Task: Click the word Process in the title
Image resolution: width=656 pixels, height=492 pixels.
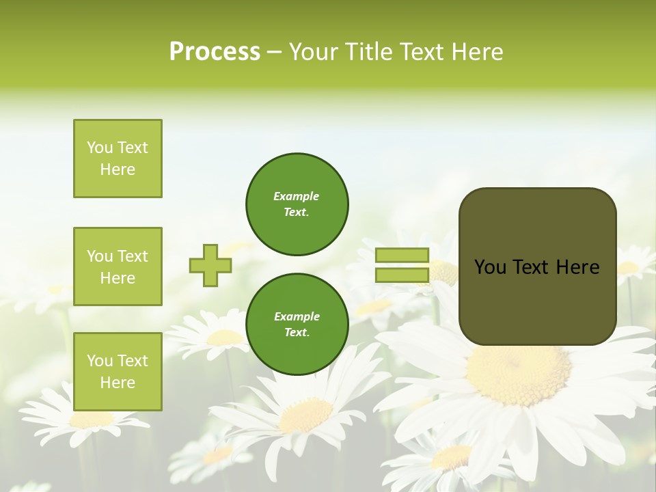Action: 215,52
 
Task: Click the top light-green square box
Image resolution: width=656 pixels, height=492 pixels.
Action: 118,159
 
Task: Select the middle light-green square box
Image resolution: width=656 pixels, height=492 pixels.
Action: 118,266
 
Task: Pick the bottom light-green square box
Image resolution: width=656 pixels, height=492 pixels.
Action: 118,372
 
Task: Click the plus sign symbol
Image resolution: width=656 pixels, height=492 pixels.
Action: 210,266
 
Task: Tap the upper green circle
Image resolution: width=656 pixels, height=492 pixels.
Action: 297,204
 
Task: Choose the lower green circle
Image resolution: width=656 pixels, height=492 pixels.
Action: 297,325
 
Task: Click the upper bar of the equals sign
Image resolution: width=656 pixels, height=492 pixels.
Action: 402,256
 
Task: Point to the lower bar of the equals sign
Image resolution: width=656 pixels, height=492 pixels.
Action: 402,275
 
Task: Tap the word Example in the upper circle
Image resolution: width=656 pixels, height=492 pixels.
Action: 296,196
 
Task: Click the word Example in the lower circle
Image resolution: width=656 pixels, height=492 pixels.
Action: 297,316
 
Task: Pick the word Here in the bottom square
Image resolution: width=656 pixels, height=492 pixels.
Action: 118,383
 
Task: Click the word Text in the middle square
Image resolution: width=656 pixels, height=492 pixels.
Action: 132,256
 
